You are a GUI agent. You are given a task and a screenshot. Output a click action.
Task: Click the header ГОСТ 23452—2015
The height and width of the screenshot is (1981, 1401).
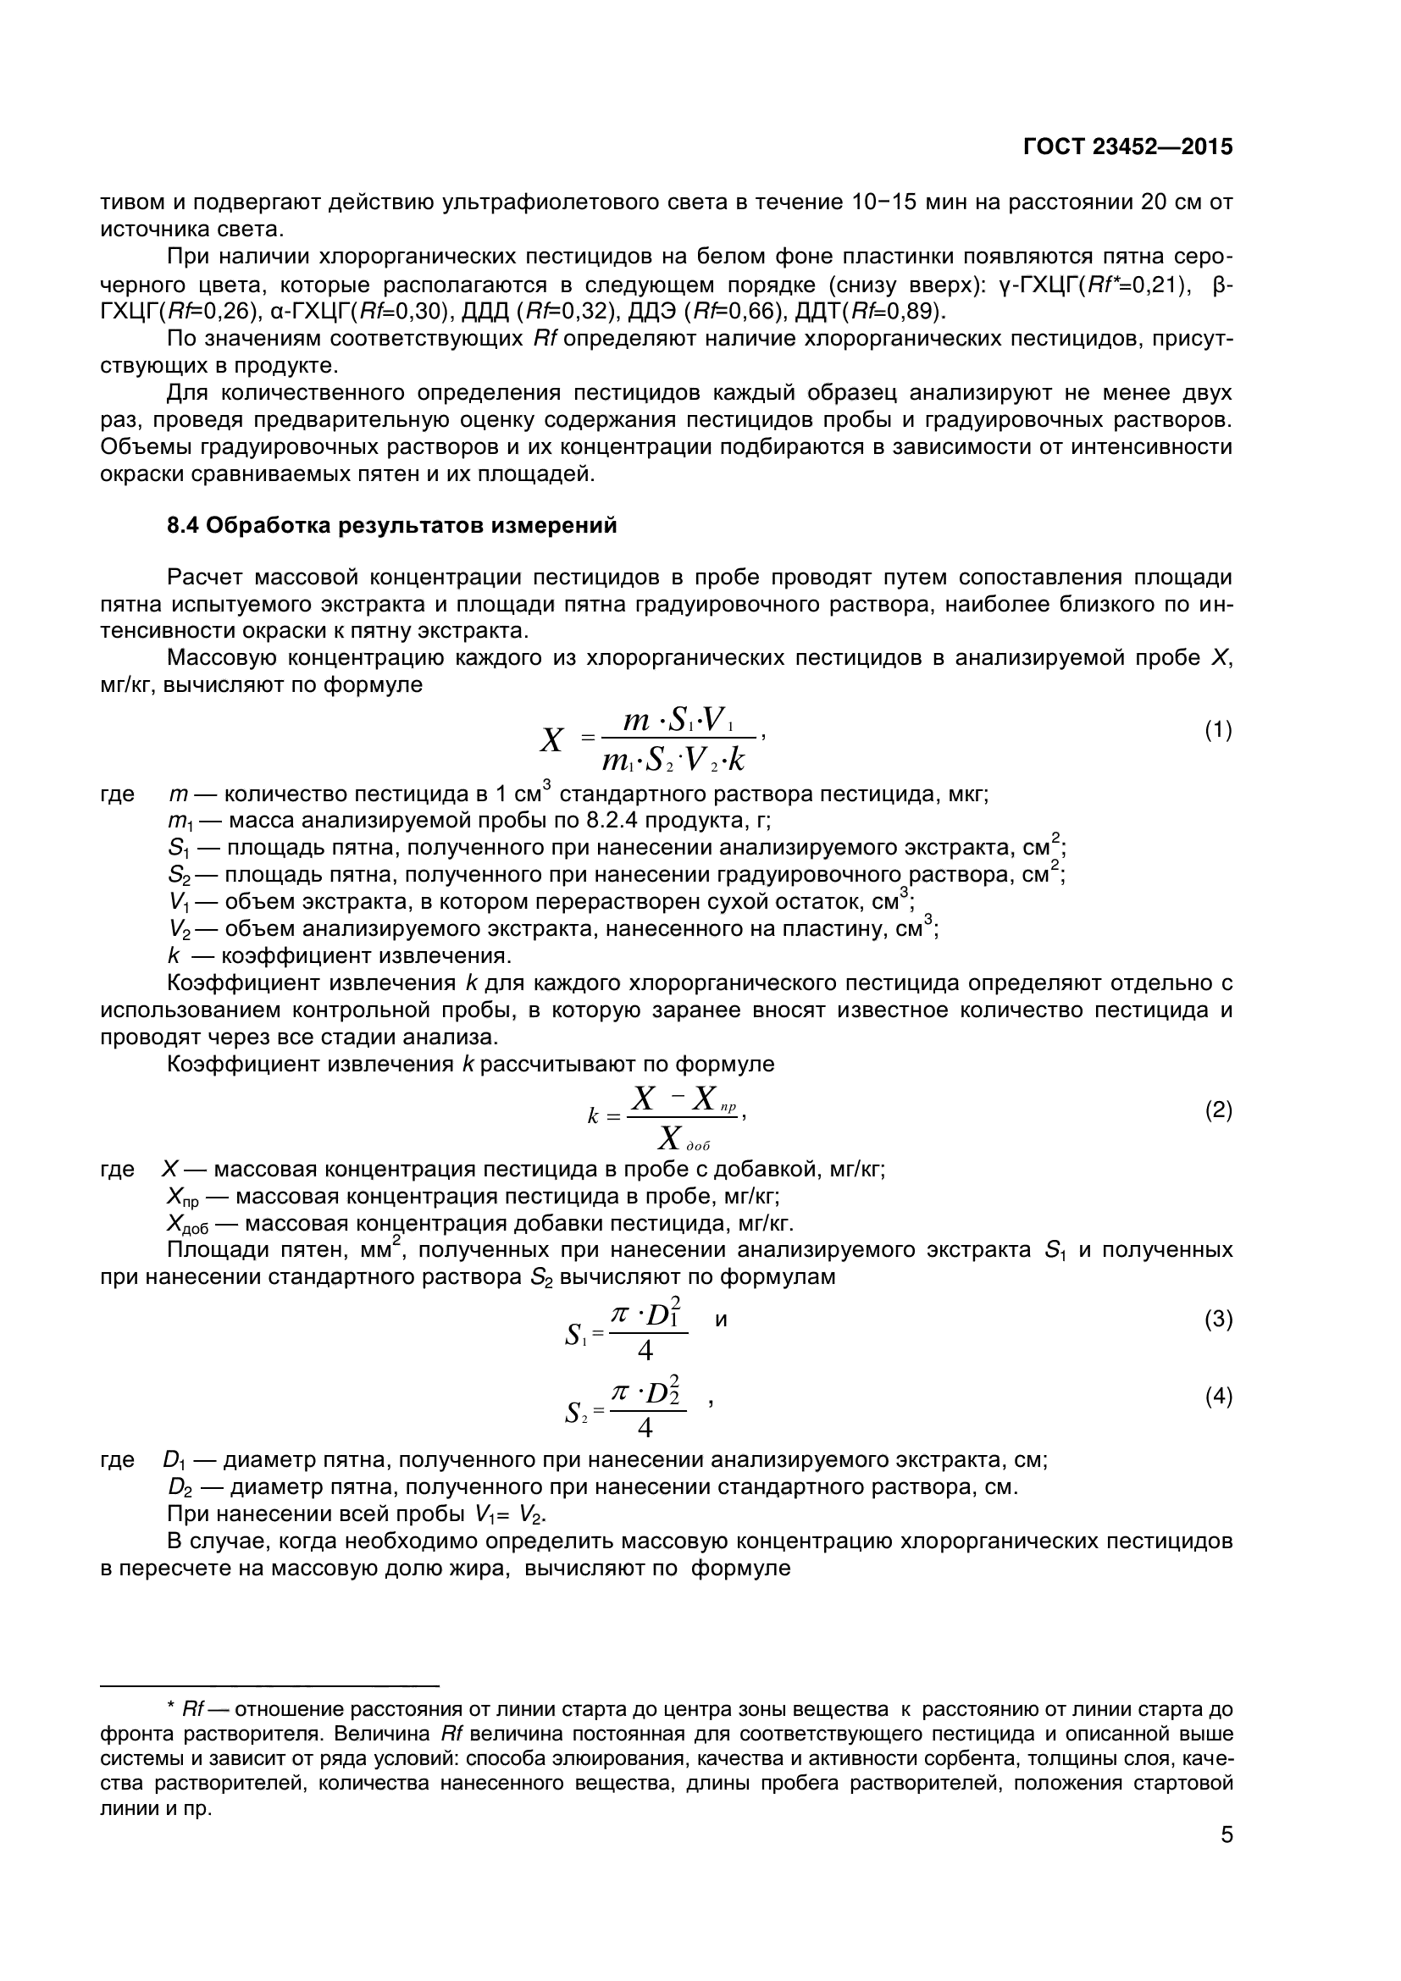tap(1127, 147)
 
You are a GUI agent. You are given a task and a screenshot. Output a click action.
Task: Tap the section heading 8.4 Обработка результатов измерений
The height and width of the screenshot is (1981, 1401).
tap(391, 525)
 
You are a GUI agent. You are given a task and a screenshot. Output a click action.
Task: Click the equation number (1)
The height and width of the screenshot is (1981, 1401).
tap(1218, 731)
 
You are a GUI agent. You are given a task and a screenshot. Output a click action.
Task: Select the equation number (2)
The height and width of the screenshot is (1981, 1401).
tap(1218, 1110)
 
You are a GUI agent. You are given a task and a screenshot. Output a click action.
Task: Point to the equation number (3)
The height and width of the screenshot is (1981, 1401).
tap(1218, 1320)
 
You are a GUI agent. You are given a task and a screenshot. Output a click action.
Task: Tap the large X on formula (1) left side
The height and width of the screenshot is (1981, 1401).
tap(551, 740)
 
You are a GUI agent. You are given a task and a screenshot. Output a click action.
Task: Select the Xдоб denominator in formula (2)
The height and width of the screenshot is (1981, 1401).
tap(682, 1139)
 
